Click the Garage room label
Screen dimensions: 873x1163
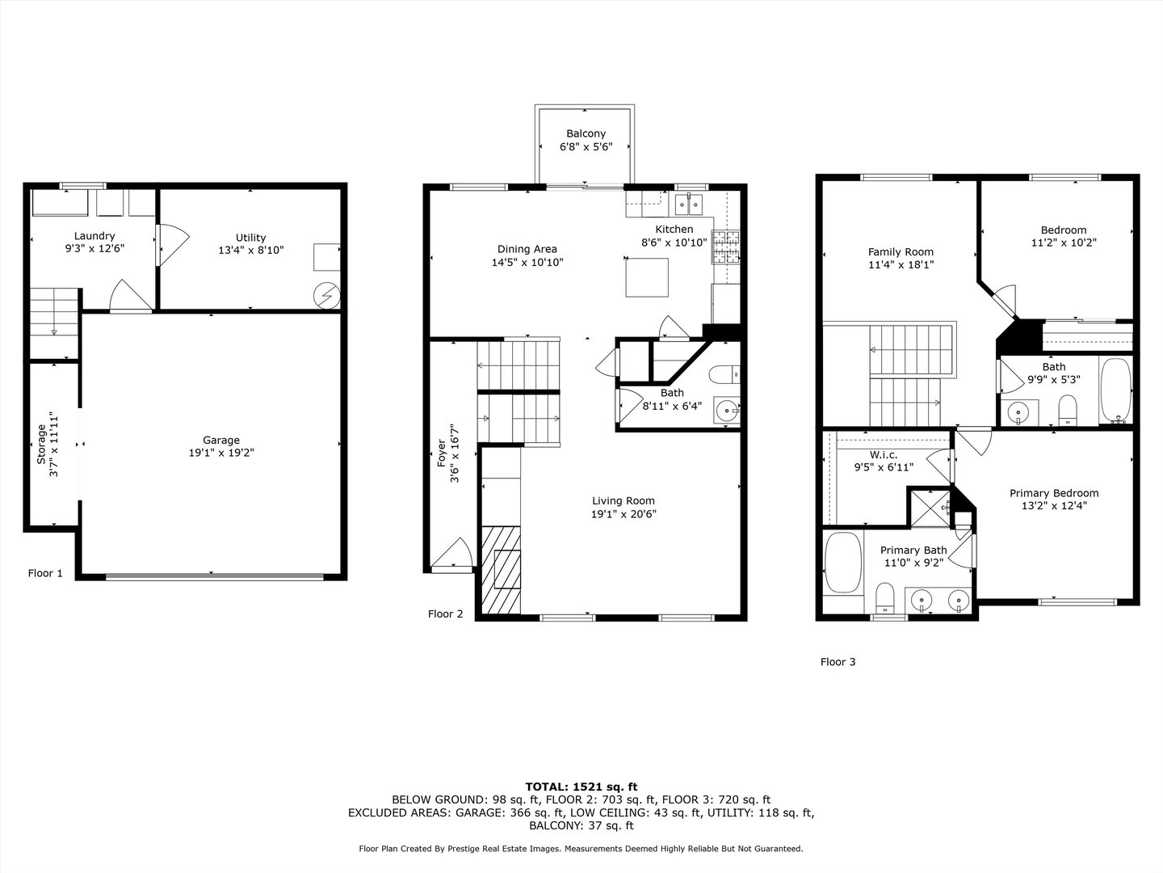220,441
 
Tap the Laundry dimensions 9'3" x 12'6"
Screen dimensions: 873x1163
94,249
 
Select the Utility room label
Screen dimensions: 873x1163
250,238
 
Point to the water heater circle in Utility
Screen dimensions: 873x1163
328,295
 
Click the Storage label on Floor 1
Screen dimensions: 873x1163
41,444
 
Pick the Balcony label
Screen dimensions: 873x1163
586,133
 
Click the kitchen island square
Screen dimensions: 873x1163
647,277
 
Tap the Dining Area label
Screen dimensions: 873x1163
527,249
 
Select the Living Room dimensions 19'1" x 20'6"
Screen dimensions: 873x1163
623,513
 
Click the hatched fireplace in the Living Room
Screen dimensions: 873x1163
501,569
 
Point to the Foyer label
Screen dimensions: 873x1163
442,453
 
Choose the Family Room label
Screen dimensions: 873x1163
901,251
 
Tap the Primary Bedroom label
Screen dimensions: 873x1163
1053,493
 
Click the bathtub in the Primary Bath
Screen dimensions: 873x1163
843,564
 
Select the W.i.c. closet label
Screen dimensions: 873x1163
884,454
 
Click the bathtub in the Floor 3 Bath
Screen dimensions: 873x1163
1116,391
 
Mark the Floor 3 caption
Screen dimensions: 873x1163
838,662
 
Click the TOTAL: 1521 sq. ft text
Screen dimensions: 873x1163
581,786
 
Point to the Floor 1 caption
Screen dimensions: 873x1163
45,573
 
